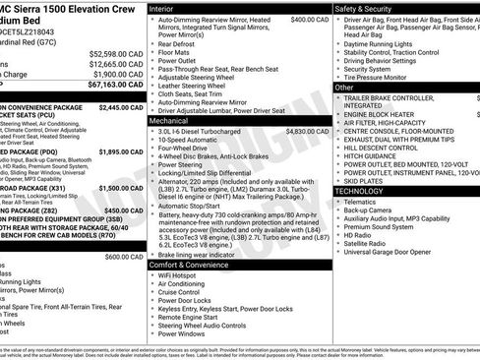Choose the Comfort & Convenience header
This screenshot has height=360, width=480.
pyautogui.click(x=192, y=266)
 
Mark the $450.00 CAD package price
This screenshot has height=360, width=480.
pyautogui.click(x=124, y=210)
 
